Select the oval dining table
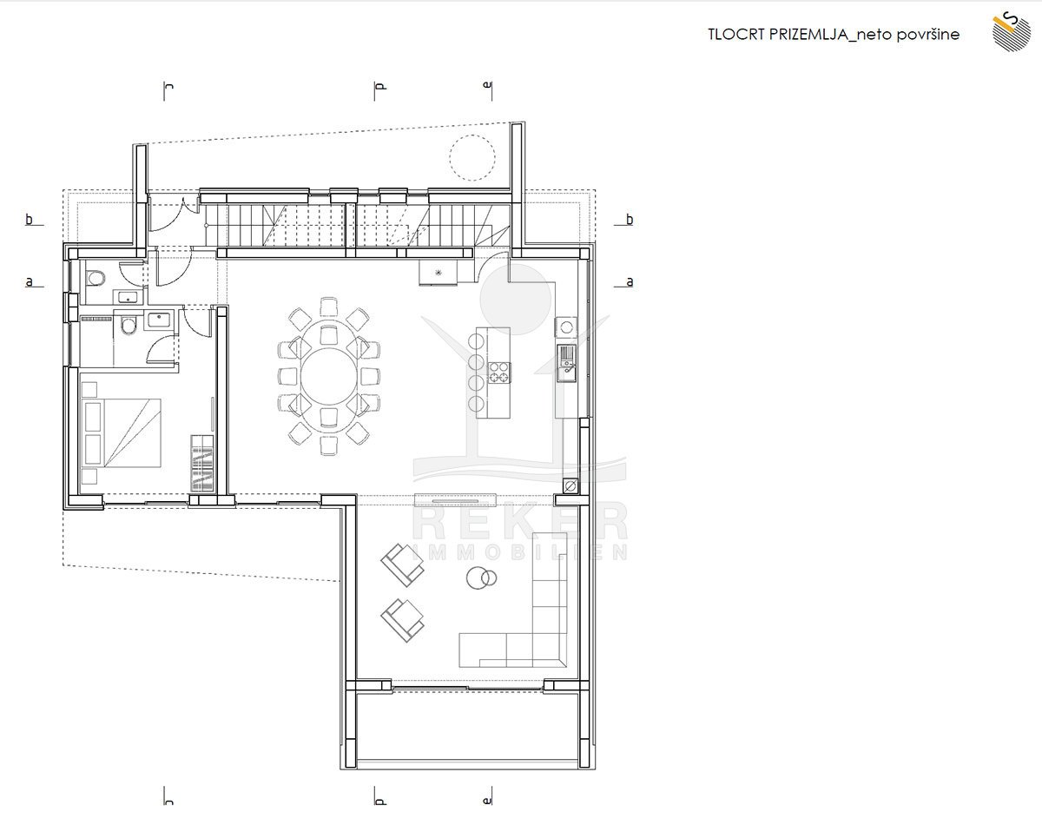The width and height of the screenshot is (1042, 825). [329, 376]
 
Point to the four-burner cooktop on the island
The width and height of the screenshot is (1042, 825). [499, 373]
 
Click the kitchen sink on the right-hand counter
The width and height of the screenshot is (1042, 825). [566, 363]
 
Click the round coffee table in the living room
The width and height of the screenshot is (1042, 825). [481, 577]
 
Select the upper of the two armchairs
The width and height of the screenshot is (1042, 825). [402, 565]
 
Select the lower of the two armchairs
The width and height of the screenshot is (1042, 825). [402, 621]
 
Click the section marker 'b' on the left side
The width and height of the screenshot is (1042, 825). [29, 220]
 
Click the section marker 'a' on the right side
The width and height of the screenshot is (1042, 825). [630, 281]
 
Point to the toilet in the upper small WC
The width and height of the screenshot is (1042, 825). [96, 279]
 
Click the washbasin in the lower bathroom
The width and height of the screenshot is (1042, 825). [158, 320]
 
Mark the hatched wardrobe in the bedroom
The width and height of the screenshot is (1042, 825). [202, 463]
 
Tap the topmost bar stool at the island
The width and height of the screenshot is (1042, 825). [476, 341]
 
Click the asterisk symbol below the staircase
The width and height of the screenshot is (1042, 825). [439, 273]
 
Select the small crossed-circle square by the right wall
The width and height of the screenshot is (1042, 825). [570, 486]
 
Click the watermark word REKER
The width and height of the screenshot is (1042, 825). [520, 521]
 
